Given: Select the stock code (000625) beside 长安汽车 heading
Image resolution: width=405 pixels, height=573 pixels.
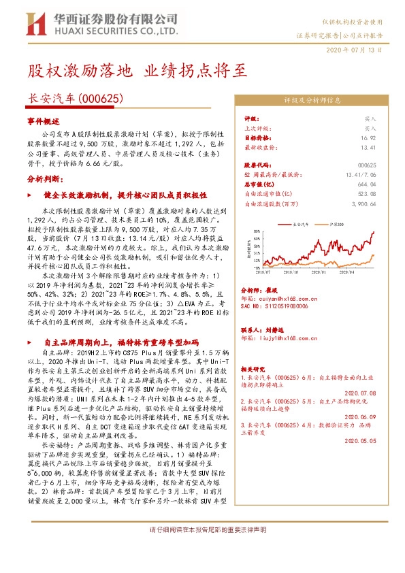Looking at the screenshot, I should point(101,99).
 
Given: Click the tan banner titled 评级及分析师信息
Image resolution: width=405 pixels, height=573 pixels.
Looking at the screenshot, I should point(311,100).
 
